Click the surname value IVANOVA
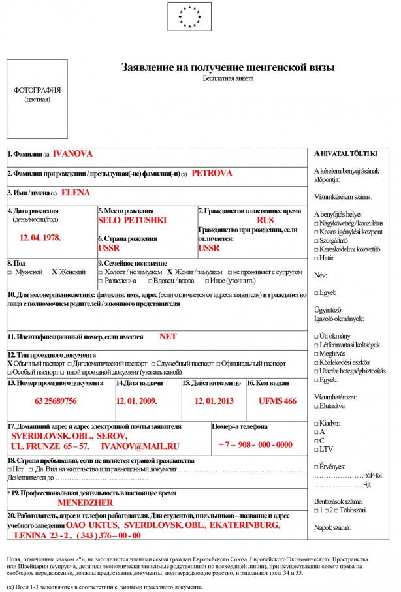72,154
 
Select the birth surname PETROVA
212,174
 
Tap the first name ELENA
76,193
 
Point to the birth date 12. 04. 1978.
40,238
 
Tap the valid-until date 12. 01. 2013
214,401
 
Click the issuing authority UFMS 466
277,401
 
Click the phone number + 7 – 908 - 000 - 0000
255,445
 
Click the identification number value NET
168,337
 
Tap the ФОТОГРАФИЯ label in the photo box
37,90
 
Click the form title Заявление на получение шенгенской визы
228,67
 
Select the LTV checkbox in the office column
317,449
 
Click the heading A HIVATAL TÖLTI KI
346,153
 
